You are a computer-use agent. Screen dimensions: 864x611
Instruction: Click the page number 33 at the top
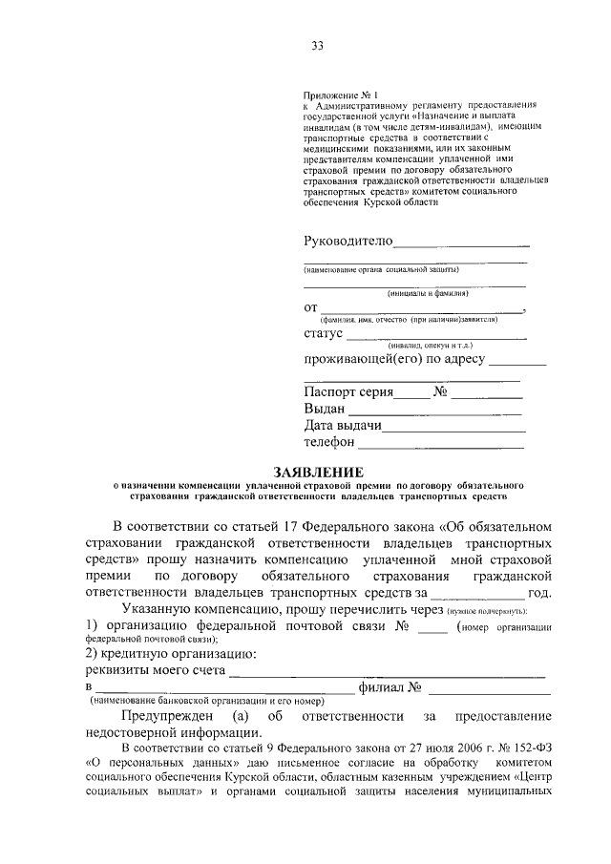pos(319,44)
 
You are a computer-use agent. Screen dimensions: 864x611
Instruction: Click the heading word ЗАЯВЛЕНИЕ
pos(319,472)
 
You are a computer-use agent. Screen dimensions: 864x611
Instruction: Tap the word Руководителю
pos(348,240)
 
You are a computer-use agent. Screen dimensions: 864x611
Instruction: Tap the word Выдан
pos(325,408)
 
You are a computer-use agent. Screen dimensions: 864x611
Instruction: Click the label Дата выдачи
pos(344,425)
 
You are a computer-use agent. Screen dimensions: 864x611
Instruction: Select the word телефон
pos(329,442)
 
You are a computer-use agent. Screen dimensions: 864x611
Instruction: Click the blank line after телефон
pos(440,446)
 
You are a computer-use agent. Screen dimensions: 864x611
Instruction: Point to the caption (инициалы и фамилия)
pos(417,293)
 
